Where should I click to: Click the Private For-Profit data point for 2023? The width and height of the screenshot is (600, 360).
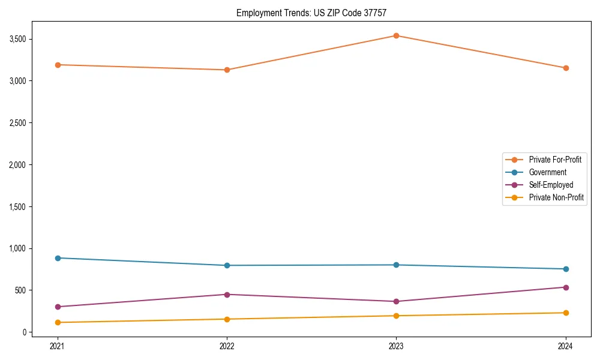(x=396, y=35)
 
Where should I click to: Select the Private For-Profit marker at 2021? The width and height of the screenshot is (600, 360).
(x=58, y=65)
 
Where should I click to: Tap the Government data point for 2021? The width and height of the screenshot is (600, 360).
(x=58, y=258)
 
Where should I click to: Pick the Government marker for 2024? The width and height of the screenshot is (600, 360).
(x=566, y=269)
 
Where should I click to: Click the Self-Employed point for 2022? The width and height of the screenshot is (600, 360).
(x=227, y=295)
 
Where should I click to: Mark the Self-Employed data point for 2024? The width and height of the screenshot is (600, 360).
(x=566, y=287)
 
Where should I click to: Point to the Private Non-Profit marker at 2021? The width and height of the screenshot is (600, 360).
(x=58, y=322)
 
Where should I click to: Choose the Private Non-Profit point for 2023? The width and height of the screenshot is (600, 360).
(x=396, y=316)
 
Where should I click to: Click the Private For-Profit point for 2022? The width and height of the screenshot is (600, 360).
(x=227, y=70)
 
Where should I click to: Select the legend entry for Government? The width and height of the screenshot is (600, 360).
(x=547, y=172)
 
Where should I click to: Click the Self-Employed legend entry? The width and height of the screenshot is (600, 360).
(x=551, y=185)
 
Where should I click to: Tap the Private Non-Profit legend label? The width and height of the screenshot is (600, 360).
(x=556, y=197)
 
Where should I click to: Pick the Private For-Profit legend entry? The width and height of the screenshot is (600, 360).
(x=555, y=160)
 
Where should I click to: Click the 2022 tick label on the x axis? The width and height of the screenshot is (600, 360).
(x=227, y=346)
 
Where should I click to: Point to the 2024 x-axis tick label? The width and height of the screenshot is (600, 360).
(x=566, y=346)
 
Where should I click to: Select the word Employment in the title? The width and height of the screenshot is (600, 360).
(x=256, y=13)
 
